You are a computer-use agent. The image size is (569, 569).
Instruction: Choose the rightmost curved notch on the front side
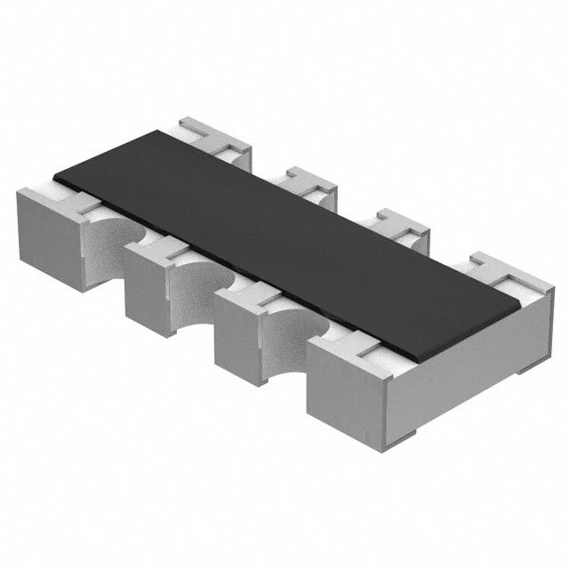(x=289, y=338)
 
